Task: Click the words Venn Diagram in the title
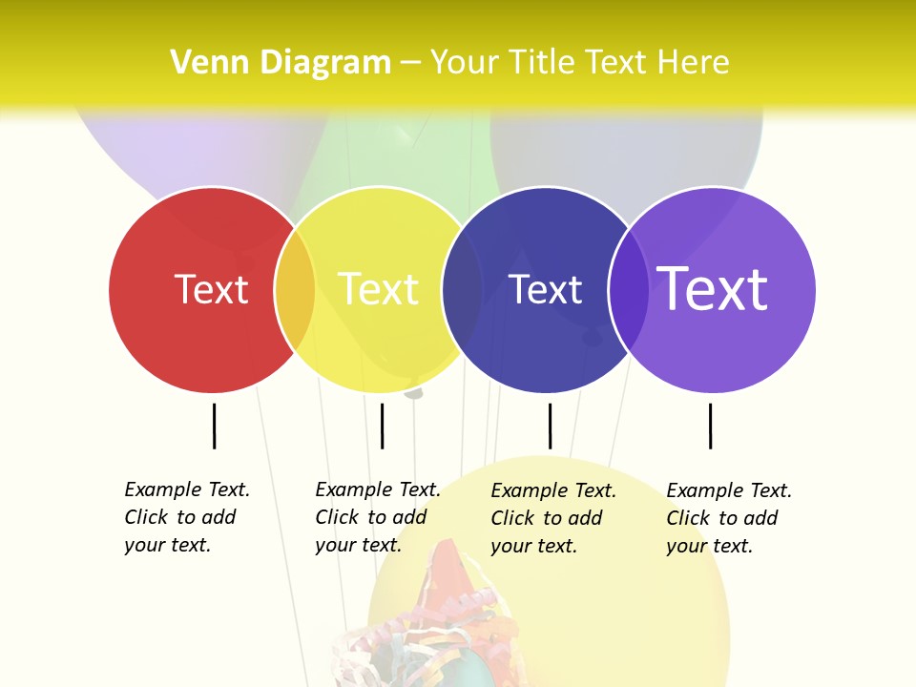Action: tap(281, 63)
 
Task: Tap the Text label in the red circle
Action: tap(211, 289)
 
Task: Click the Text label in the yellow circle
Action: tap(378, 289)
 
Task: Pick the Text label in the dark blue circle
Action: tap(545, 289)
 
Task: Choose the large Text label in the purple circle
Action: tap(713, 289)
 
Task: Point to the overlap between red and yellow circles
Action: tap(295, 289)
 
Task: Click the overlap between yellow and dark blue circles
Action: tap(462, 289)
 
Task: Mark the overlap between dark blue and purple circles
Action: tap(629, 289)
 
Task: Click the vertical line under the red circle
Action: tap(215, 426)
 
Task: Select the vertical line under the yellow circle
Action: tap(382, 426)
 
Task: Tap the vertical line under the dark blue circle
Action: tap(550, 426)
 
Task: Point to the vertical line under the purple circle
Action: tap(710, 426)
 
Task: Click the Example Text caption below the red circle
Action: tap(187, 517)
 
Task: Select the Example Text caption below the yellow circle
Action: tap(378, 517)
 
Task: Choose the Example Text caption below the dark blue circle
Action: tap(553, 518)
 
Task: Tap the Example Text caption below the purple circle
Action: tap(729, 518)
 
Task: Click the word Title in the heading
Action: tap(541, 63)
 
